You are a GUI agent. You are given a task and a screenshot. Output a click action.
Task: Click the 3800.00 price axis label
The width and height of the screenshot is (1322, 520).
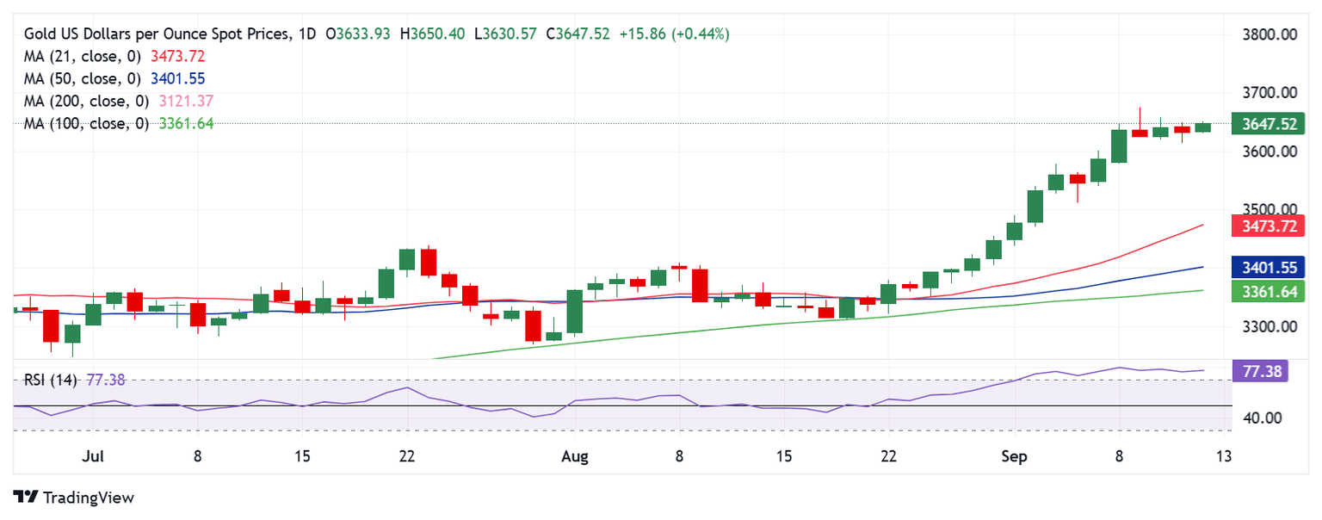click(x=1271, y=35)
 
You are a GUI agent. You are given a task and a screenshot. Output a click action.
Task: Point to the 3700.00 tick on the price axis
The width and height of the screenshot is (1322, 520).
click(x=1271, y=93)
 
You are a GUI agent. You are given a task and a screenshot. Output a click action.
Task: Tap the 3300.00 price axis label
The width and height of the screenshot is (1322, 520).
click(x=1271, y=327)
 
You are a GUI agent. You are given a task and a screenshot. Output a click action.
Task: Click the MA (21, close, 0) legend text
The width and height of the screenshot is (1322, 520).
click(x=83, y=56)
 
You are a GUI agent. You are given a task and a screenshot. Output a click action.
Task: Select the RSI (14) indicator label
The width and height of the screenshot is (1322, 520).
click(x=52, y=380)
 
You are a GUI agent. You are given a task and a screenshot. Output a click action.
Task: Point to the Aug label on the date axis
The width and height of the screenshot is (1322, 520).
click(x=574, y=455)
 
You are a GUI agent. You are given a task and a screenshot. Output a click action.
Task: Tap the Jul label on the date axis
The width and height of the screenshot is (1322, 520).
click(x=93, y=455)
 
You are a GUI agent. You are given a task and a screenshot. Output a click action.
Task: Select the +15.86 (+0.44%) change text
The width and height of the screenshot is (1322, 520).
click(x=674, y=34)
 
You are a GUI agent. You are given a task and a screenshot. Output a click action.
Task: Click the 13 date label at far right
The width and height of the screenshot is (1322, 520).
click(x=1225, y=455)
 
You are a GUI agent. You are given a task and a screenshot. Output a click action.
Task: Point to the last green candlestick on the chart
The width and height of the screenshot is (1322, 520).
click(x=1202, y=127)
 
